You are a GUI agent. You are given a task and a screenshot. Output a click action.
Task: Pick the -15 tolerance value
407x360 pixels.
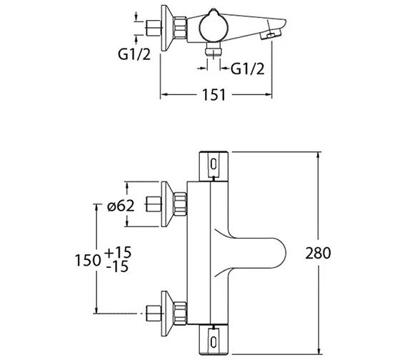click(119, 268)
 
